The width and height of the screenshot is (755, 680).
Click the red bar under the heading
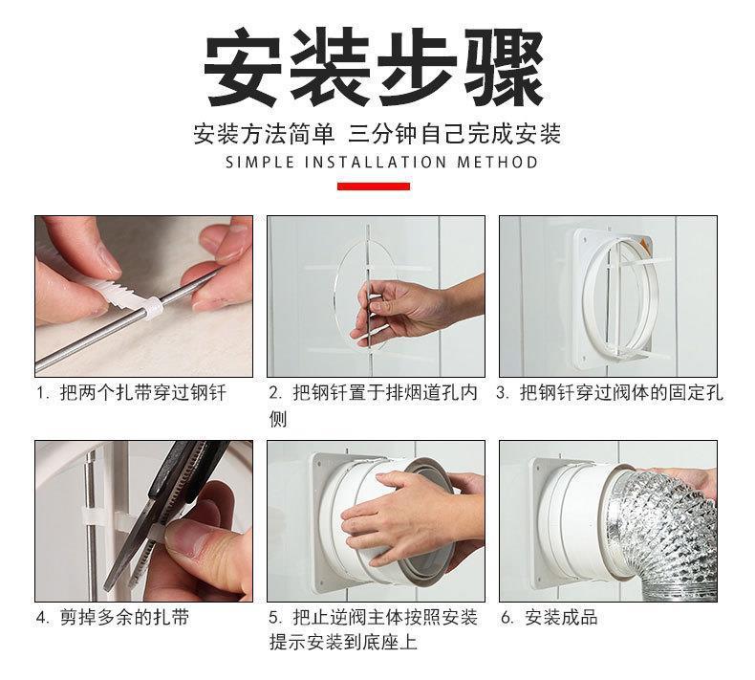(x=373, y=186)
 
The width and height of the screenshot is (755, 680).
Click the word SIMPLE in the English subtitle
(x=260, y=162)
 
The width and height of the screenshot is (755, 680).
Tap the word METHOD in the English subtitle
(x=497, y=162)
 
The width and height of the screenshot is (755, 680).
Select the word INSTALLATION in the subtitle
(x=376, y=162)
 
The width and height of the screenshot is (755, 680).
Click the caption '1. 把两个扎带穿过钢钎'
(x=132, y=393)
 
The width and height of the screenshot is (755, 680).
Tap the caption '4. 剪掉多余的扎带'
(x=113, y=617)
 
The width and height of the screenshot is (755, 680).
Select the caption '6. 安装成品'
(x=549, y=617)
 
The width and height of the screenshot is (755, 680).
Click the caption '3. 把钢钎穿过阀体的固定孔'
(x=610, y=393)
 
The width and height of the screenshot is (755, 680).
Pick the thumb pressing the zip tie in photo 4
(x=203, y=537)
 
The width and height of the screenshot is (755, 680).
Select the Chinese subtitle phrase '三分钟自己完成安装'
(x=455, y=134)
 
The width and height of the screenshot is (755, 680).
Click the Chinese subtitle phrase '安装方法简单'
(x=264, y=134)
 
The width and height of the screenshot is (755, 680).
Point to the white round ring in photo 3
(x=589, y=293)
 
